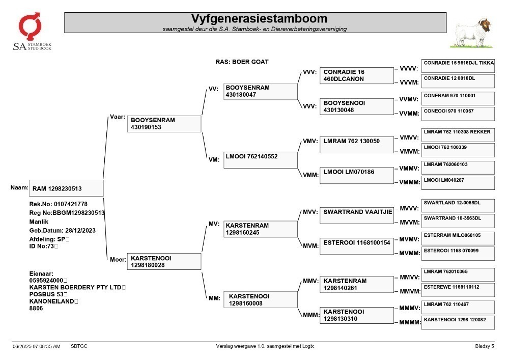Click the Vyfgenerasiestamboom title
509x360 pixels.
(x=259, y=18)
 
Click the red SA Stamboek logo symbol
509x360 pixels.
(x=30, y=26)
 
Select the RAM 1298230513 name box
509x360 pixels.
(x=66, y=188)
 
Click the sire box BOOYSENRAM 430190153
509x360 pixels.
(x=164, y=124)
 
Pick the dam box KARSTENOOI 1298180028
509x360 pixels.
(x=164, y=261)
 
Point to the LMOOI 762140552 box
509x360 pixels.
(x=260, y=160)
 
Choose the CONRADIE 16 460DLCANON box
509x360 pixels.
(x=357, y=76)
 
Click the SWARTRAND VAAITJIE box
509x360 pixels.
(x=357, y=215)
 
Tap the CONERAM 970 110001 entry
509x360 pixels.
(x=458, y=98)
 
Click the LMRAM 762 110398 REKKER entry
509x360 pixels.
(x=458, y=135)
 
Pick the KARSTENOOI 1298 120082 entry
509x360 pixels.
(x=458, y=323)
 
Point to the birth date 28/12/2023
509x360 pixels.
(x=80, y=231)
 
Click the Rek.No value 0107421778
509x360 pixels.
(x=70, y=204)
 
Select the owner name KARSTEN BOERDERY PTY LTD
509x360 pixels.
(x=75, y=287)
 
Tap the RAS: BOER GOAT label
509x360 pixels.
(x=242, y=62)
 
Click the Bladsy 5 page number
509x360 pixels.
(x=485, y=346)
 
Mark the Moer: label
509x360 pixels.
(x=118, y=259)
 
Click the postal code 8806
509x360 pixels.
(x=36, y=308)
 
